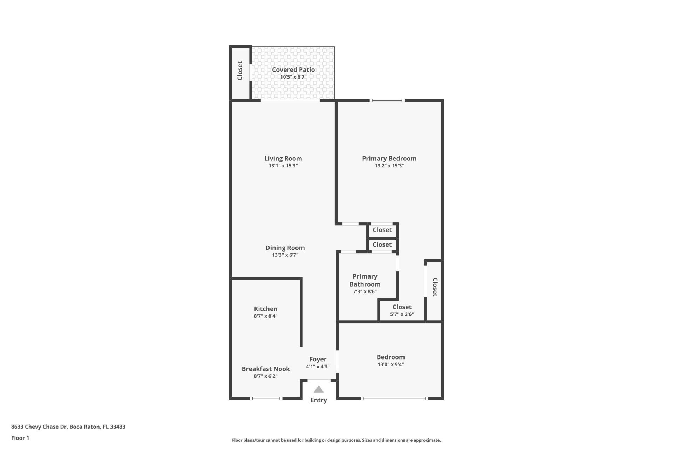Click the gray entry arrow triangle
click(318, 389)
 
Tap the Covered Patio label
click(293, 69)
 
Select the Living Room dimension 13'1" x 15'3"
click(283, 166)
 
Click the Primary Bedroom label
click(389, 158)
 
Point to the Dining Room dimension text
click(285, 255)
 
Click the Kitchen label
click(265, 309)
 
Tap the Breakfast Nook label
click(265, 369)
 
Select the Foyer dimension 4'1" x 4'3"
click(318, 367)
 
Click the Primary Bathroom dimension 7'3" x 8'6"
click(365, 291)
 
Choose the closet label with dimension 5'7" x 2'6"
click(402, 307)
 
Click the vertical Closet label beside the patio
click(240, 71)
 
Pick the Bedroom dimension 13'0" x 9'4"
click(390, 364)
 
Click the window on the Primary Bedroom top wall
click(387, 101)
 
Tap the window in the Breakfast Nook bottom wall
click(266, 398)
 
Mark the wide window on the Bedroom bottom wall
click(394, 398)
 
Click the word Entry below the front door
click(318, 400)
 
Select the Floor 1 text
click(20, 438)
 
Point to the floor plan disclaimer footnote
click(336, 440)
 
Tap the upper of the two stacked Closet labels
click(382, 230)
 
